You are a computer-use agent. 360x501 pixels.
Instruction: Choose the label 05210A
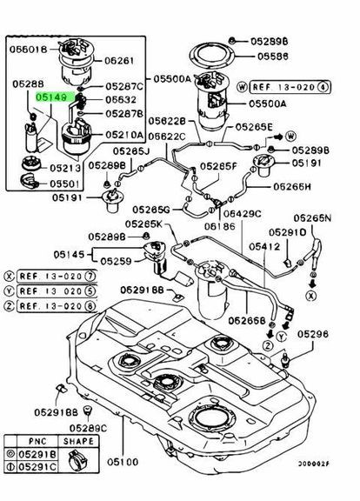click(125, 136)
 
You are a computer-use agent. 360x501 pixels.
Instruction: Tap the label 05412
click(263, 246)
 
